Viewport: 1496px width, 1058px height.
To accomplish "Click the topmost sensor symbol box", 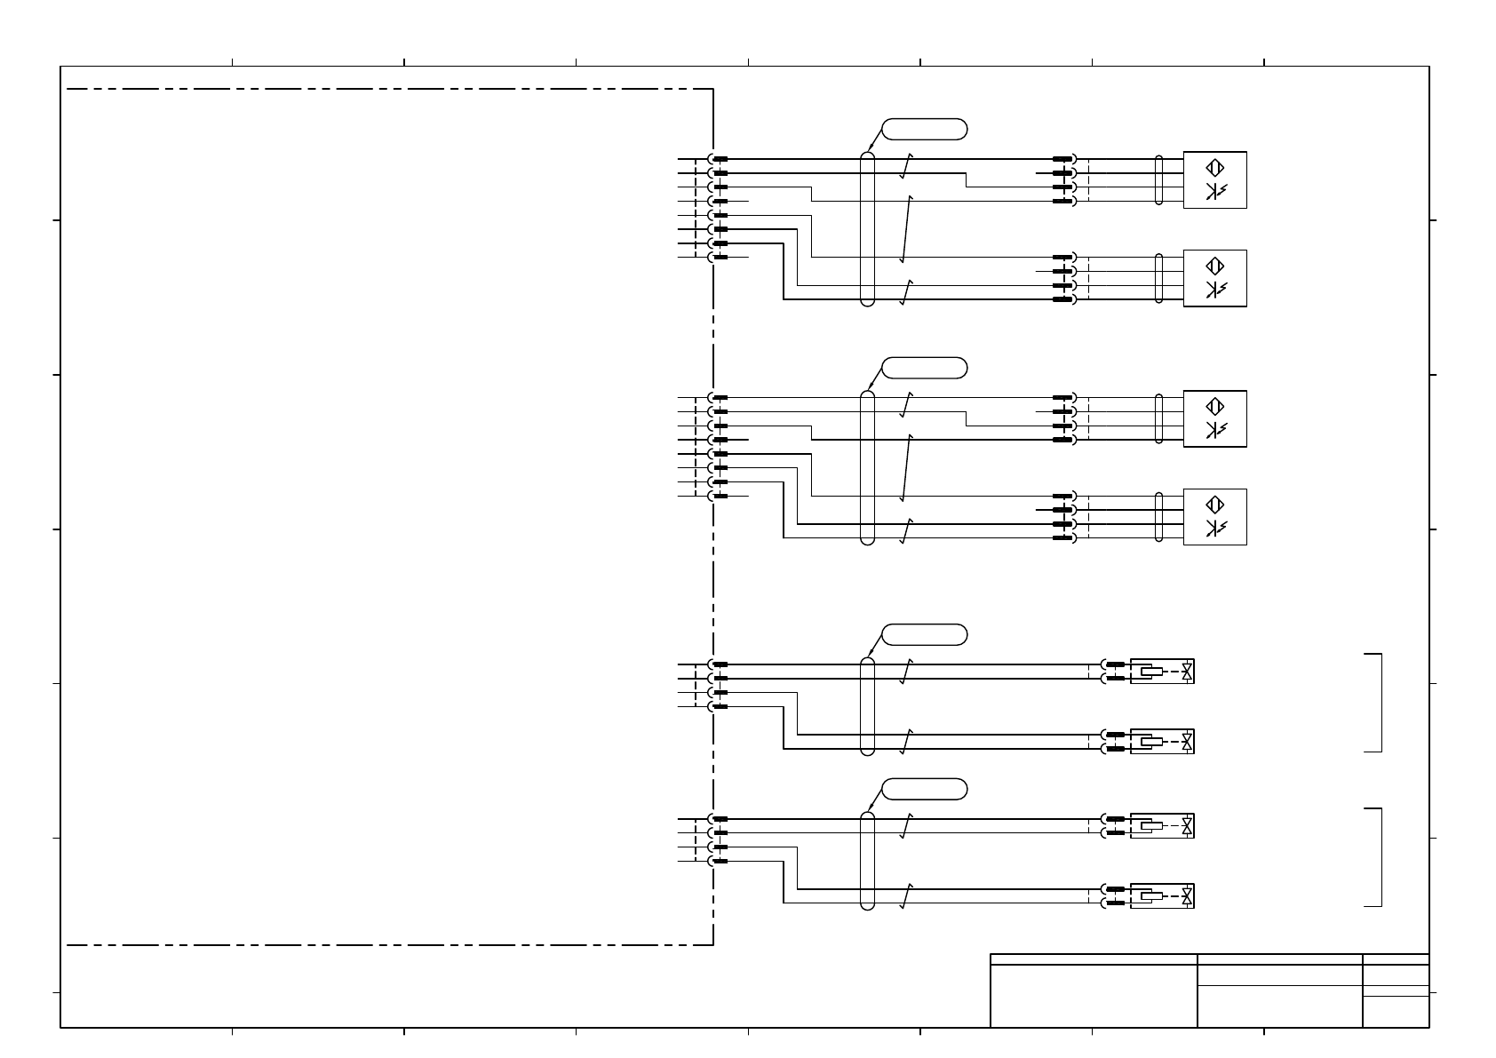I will [x=1214, y=179].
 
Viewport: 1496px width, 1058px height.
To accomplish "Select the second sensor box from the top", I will [x=1214, y=278].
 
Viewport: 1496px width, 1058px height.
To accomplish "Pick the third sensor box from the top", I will [x=1214, y=418].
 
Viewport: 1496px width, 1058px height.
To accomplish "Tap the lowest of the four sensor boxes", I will [x=1214, y=517].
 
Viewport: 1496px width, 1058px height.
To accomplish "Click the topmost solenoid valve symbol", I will [x=1162, y=672].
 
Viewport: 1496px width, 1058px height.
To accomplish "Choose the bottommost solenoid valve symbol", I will [x=1162, y=896].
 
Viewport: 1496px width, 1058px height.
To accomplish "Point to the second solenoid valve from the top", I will [x=1162, y=742].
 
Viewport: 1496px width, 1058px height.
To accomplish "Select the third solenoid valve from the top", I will [x=1162, y=826].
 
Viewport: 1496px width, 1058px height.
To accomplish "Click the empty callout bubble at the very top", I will [x=924, y=129].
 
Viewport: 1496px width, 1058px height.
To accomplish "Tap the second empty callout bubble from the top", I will [x=924, y=368].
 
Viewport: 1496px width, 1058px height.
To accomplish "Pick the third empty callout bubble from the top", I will [x=924, y=635].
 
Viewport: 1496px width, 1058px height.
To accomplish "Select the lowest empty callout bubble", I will [x=924, y=789].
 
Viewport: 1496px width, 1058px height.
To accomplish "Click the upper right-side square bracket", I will [x=1375, y=703].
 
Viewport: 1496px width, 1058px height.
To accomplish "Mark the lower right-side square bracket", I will [x=1375, y=857].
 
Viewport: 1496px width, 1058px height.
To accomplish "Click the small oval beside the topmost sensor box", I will [x=1158, y=180].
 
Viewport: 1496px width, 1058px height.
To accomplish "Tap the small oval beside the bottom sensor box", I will [x=1158, y=517].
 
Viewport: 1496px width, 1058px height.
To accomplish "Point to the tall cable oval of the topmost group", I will [x=868, y=229].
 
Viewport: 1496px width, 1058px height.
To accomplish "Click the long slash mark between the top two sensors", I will [x=906, y=229].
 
